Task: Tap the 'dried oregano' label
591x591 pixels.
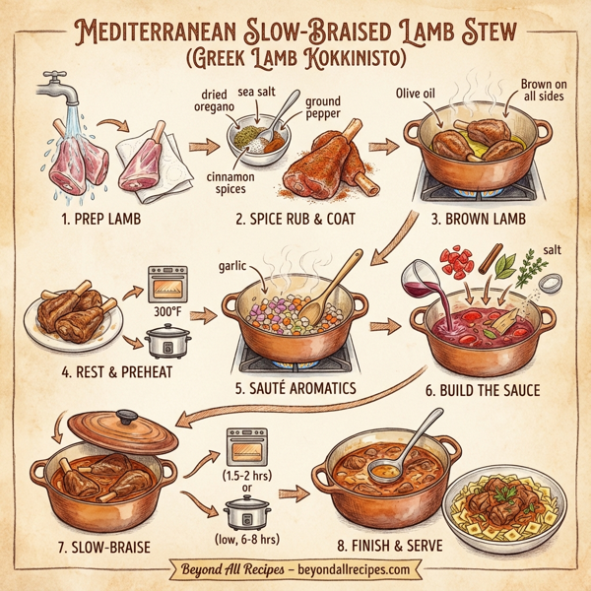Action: (x=208, y=99)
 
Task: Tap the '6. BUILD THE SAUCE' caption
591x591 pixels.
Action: (x=483, y=390)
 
